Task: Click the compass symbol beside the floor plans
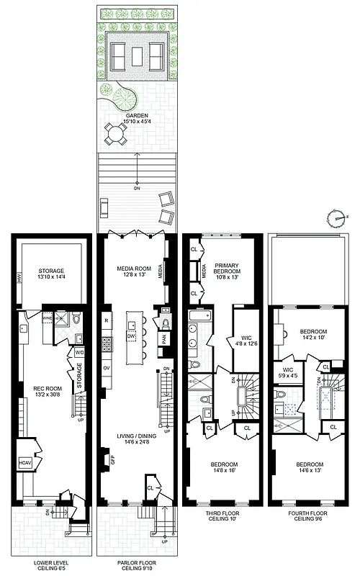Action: pos(333,215)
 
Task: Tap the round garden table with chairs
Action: pos(116,133)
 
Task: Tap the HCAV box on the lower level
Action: pos(24,462)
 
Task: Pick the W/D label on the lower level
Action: pos(79,352)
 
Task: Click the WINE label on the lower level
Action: pos(48,316)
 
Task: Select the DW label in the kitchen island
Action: pos(132,336)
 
